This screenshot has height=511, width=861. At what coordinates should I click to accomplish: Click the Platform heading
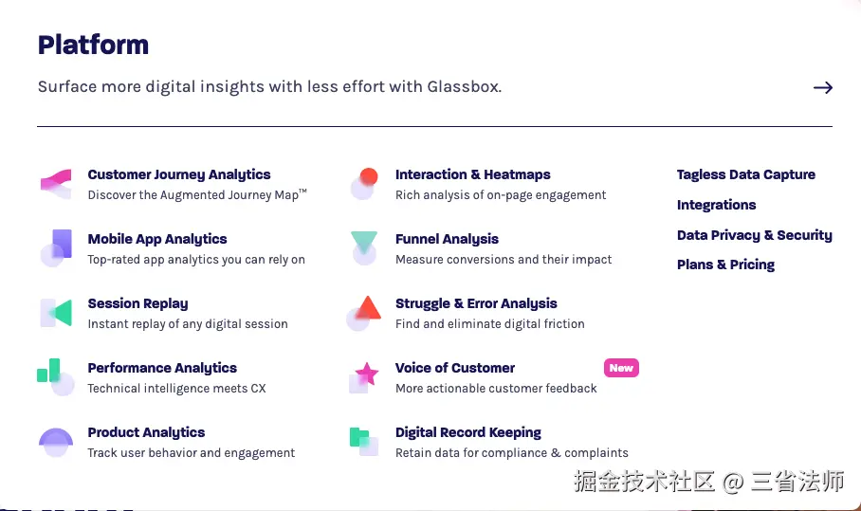click(93, 45)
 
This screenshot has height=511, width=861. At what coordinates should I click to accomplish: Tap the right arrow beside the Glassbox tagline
click(822, 87)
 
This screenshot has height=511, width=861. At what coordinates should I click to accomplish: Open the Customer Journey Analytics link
click(179, 175)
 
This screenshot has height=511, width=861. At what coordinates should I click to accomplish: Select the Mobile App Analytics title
click(157, 239)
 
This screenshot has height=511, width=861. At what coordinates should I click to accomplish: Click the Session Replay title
click(137, 303)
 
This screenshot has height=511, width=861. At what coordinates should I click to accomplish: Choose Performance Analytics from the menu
click(162, 368)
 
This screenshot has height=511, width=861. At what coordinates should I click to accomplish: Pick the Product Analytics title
click(146, 432)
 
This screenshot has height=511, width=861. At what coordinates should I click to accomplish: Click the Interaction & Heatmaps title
click(473, 174)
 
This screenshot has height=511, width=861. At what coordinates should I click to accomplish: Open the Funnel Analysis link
click(447, 239)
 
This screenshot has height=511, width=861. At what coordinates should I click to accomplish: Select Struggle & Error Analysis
click(476, 303)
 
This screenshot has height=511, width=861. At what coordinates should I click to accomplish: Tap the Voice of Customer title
click(455, 368)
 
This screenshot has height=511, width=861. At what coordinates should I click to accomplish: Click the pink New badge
click(621, 368)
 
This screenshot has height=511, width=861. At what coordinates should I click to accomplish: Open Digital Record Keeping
click(468, 432)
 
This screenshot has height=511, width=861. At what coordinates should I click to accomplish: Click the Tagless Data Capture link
click(745, 174)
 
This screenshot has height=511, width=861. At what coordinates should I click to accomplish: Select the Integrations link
click(716, 205)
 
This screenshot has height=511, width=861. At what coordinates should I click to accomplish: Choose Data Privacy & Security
click(755, 235)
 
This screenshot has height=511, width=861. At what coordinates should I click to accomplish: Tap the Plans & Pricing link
click(725, 265)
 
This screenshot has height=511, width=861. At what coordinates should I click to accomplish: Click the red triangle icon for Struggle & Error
click(369, 308)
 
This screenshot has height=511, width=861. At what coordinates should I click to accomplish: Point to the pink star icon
click(367, 374)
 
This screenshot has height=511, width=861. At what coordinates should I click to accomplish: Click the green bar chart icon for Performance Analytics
click(48, 371)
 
